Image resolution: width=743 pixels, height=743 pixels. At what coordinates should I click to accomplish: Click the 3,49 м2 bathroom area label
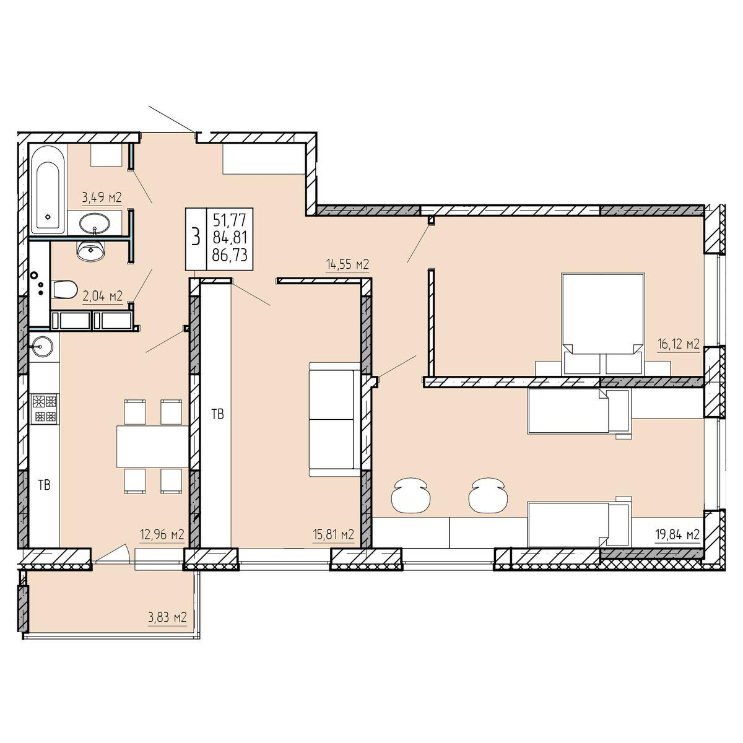click(102, 198)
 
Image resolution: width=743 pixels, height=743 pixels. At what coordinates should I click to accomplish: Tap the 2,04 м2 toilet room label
click(103, 296)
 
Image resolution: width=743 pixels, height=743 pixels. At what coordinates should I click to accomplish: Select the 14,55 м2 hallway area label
click(347, 264)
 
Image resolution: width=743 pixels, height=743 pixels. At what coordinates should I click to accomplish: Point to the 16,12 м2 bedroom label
click(679, 344)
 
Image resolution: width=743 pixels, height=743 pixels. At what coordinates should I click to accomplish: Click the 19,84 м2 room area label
click(678, 535)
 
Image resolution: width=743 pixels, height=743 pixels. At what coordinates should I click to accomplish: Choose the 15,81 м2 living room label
click(332, 535)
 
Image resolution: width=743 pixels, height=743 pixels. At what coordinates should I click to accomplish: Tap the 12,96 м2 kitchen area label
click(162, 535)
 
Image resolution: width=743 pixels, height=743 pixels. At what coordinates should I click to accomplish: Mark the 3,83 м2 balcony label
click(167, 618)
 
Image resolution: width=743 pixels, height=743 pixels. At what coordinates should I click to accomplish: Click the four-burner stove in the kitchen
click(45, 408)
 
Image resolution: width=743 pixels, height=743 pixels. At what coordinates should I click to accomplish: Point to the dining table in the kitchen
click(152, 446)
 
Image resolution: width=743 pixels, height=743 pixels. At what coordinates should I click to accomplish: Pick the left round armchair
click(411, 495)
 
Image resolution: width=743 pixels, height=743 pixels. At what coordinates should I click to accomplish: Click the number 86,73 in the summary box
click(230, 255)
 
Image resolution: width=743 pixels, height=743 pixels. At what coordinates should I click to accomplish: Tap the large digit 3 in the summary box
click(196, 237)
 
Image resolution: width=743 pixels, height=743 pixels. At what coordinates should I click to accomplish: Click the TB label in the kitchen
click(45, 485)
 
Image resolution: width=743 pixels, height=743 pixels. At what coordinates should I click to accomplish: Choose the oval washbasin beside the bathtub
click(95, 224)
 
